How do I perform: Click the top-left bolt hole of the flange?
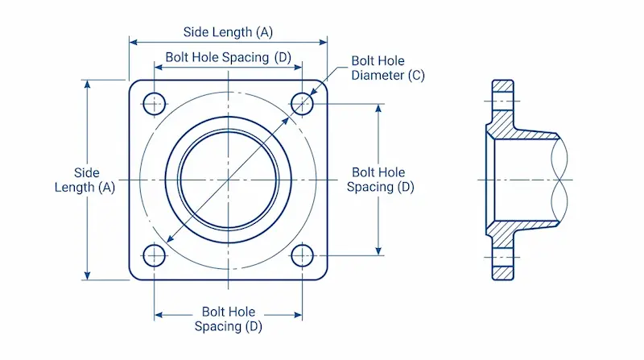click(x=154, y=103)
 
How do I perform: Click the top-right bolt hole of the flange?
click(x=302, y=103)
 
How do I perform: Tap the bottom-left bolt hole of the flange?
click(x=154, y=256)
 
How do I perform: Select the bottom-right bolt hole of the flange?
click(x=302, y=256)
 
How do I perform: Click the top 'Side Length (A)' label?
click(x=228, y=32)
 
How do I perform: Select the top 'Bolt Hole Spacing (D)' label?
click(x=229, y=58)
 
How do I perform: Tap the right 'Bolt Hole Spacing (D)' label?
click(x=381, y=180)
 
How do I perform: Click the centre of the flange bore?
click(x=229, y=179)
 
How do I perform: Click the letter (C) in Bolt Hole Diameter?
click(x=416, y=76)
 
